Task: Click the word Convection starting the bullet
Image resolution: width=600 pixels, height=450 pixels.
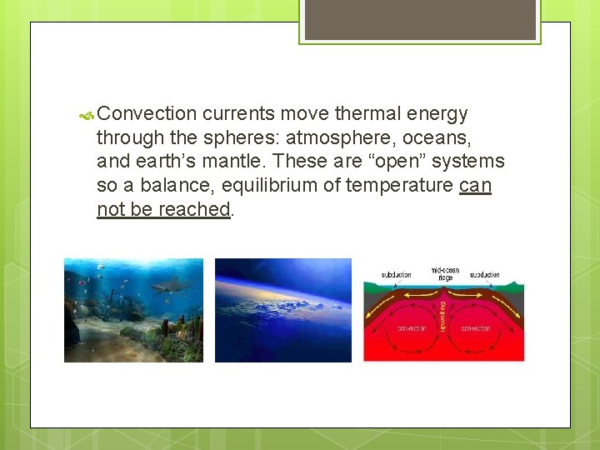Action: [x=147, y=114]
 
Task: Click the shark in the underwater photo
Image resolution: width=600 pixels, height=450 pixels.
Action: [x=170, y=286]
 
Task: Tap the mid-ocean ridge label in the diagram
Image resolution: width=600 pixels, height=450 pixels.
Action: [x=444, y=273]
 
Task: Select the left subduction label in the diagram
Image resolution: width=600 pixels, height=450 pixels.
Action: [x=396, y=274]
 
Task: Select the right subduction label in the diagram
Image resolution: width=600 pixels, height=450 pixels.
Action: [x=484, y=274]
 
